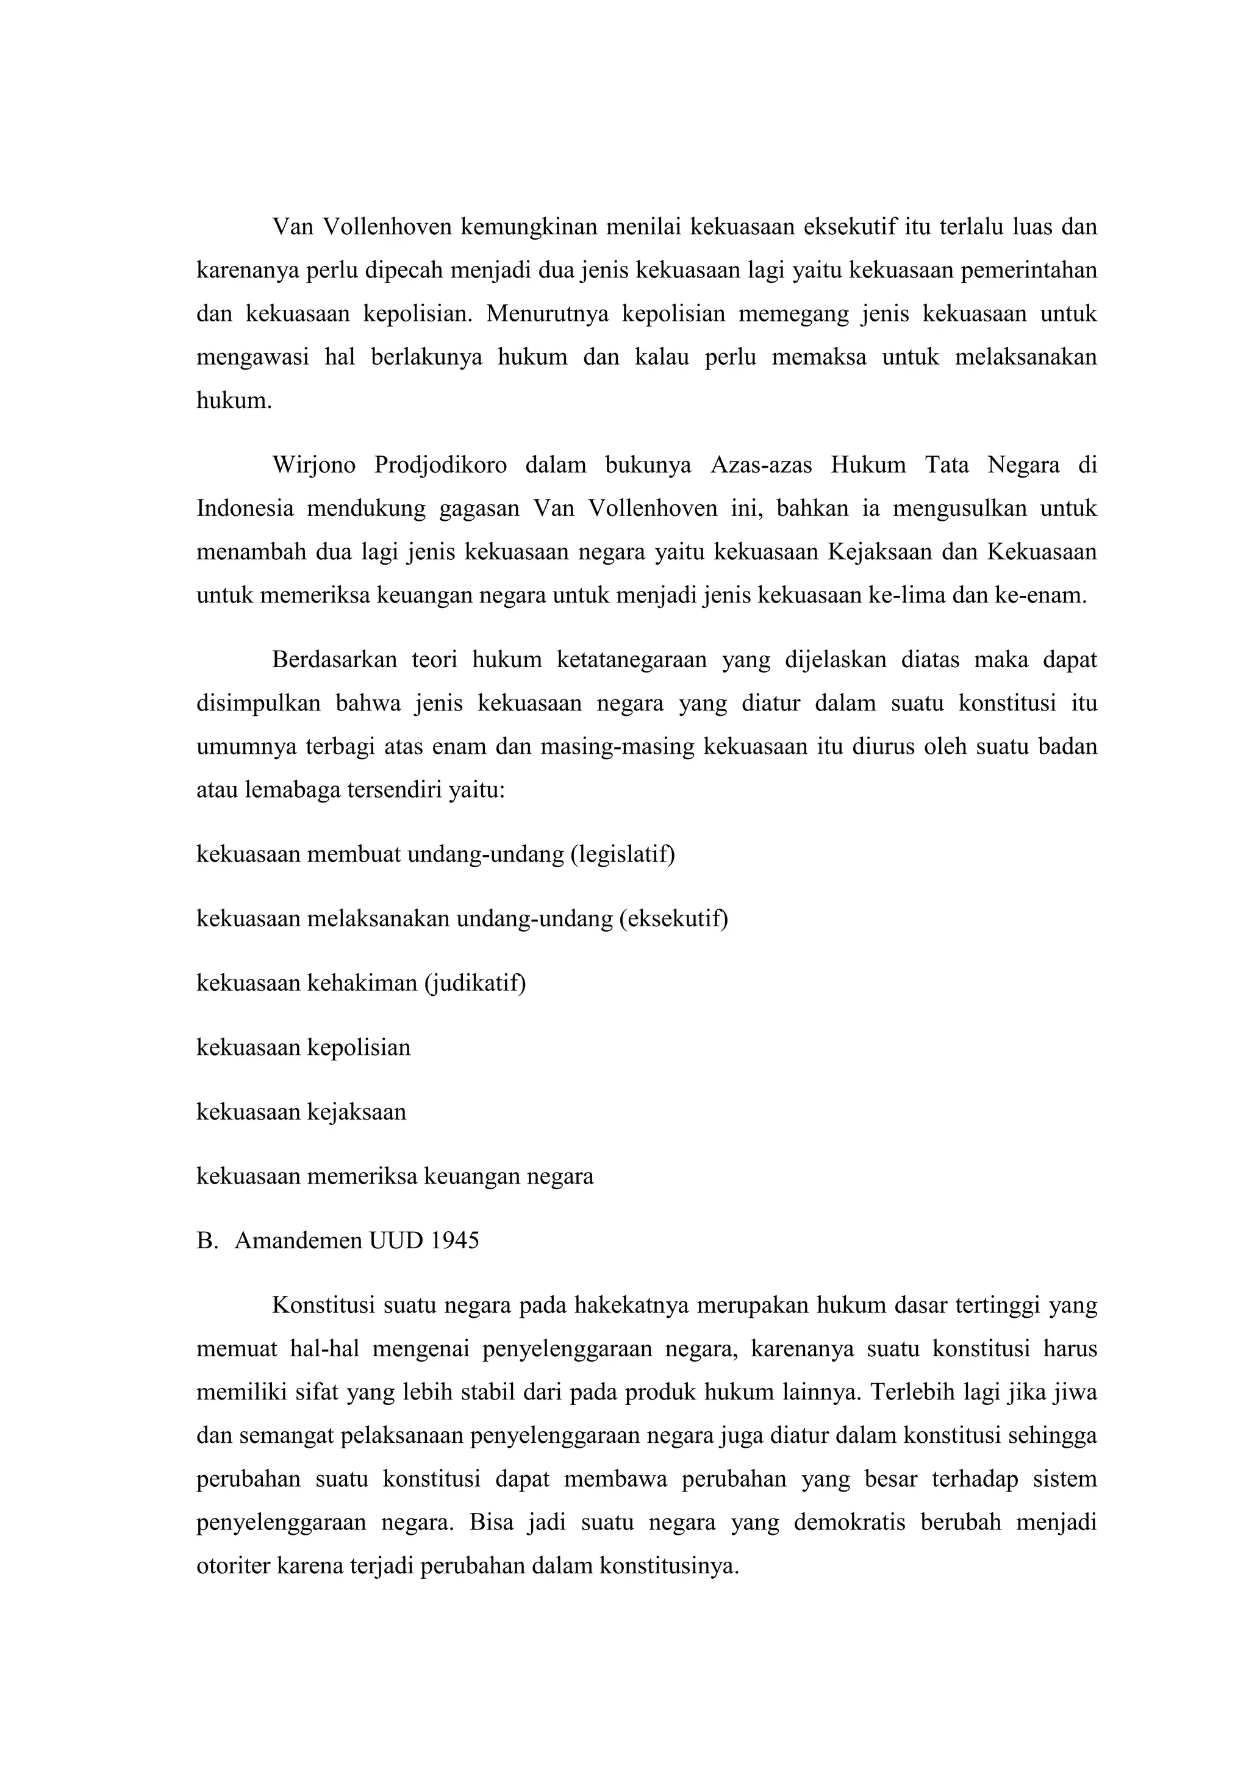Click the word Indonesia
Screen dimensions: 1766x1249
[245, 509]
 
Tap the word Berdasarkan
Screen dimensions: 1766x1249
[334, 660]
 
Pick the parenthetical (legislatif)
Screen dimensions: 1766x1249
[622, 854]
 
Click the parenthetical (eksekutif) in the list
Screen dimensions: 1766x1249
[673, 918]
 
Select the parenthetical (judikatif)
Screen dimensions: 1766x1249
[474, 983]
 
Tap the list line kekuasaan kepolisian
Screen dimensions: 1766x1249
[303, 1048]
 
